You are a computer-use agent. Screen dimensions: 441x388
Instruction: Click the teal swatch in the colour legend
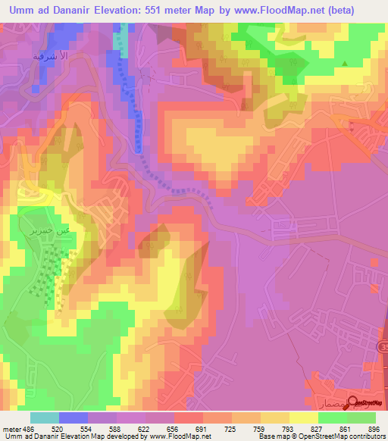45,418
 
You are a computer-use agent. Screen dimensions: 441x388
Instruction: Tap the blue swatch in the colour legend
74,418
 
